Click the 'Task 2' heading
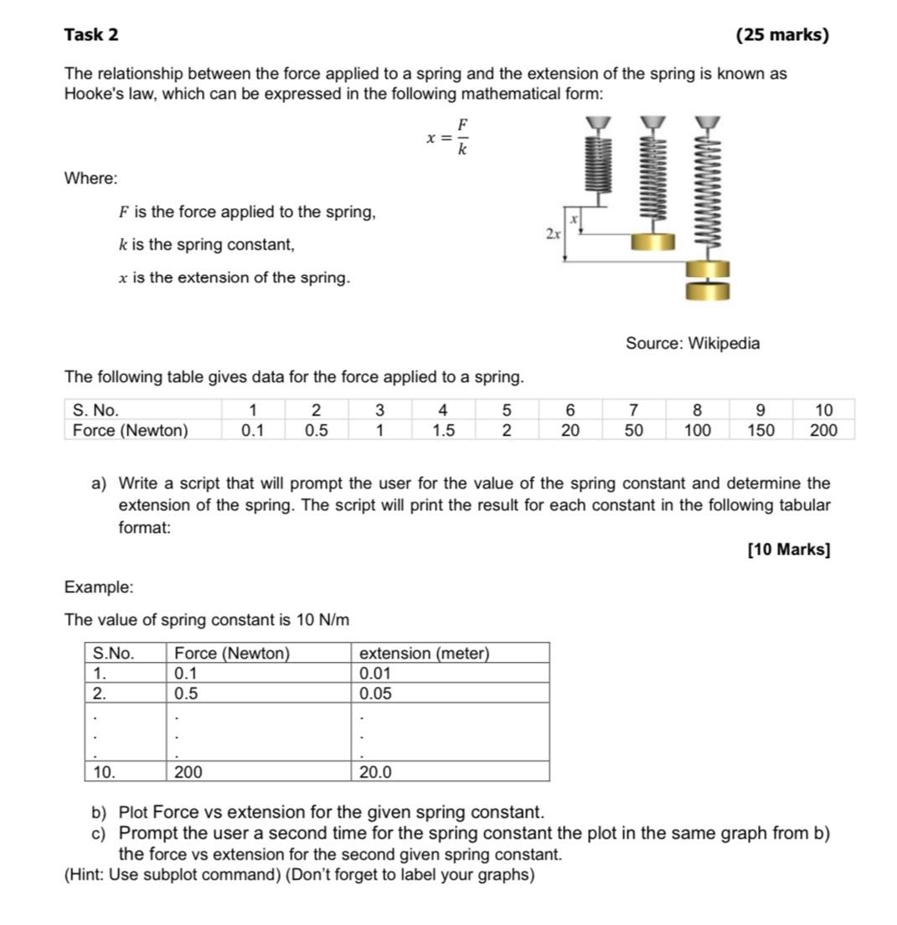(91, 34)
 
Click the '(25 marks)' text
(782, 35)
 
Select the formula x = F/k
(448, 137)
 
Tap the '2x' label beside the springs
(553, 234)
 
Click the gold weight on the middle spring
(653, 241)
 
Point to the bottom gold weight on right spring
(708, 291)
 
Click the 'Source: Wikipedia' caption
(693, 344)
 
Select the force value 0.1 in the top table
(251, 431)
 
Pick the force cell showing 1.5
(443, 431)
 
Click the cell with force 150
(760, 431)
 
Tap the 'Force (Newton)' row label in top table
(131, 431)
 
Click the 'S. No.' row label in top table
(95, 411)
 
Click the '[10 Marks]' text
(788, 550)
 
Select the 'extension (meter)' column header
(424, 654)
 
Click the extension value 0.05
(375, 694)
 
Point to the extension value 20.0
(375, 773)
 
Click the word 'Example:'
(99, 587)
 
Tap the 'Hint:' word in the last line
(89, 876)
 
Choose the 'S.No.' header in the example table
(113, 654)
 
